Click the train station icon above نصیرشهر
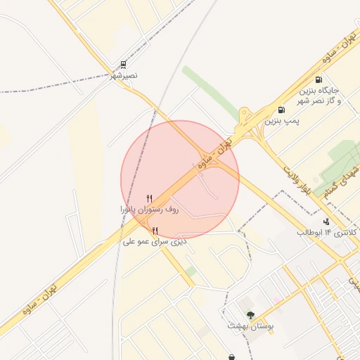[124, 65]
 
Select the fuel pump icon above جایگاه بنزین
[319, 80]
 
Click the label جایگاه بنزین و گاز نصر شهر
[320, 96]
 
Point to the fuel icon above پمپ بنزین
[281, 110]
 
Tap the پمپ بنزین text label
[282, 121]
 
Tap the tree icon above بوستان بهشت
[251, 315]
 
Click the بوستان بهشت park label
[250, 326]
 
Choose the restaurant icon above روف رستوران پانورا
[149, 199]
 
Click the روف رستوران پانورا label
[149, 210]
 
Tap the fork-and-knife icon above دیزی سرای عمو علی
[155, 231]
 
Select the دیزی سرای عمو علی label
[155, 241]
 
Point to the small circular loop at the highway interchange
[245, 112]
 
